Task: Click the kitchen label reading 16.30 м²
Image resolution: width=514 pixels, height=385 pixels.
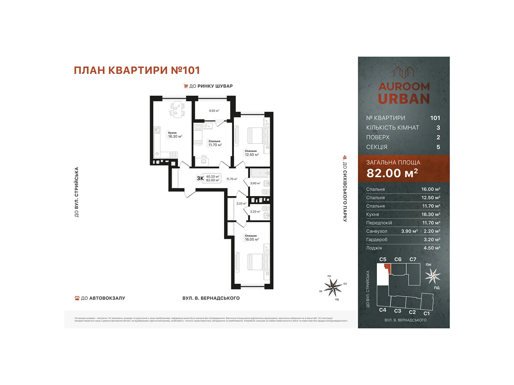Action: click(x=175, y=136)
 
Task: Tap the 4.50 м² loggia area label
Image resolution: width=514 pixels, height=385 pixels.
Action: click(x=214, y=111)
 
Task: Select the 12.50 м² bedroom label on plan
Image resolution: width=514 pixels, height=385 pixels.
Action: click(x=252, y=155)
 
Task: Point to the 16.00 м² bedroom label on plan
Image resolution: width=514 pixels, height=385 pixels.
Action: click(x=252, y=239)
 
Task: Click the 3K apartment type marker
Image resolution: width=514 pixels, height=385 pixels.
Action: click(x=200, y=178)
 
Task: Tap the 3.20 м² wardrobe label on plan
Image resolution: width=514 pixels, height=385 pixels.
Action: click(x=241, y=203)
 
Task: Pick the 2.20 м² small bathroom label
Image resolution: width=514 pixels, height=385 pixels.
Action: click(x=255, y=212)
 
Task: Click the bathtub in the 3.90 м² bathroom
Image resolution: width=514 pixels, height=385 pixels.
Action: click(x=260, y=173)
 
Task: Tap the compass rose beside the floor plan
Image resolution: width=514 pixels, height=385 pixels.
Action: click(x=333, y=287)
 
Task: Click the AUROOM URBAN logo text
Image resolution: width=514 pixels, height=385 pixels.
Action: click(x=404, y=94)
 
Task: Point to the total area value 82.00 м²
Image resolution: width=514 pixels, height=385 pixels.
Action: click(x=392, y=173)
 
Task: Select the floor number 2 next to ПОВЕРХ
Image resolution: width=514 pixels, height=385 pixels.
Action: click(x=438, y=137)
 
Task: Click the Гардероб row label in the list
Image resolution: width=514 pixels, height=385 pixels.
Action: click(x=377, y=240)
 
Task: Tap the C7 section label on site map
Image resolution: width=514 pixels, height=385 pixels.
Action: click(x=412, y=259)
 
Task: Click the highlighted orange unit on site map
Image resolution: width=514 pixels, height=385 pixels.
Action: click(x=388, y=268)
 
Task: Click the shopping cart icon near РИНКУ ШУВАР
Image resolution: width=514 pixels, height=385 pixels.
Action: click(x=186, y=86)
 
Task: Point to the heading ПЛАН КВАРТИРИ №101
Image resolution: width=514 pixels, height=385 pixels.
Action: click(x=137, y=70)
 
